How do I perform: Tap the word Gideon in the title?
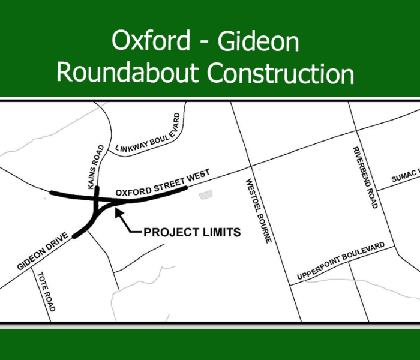258,41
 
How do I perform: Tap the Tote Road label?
46,291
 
